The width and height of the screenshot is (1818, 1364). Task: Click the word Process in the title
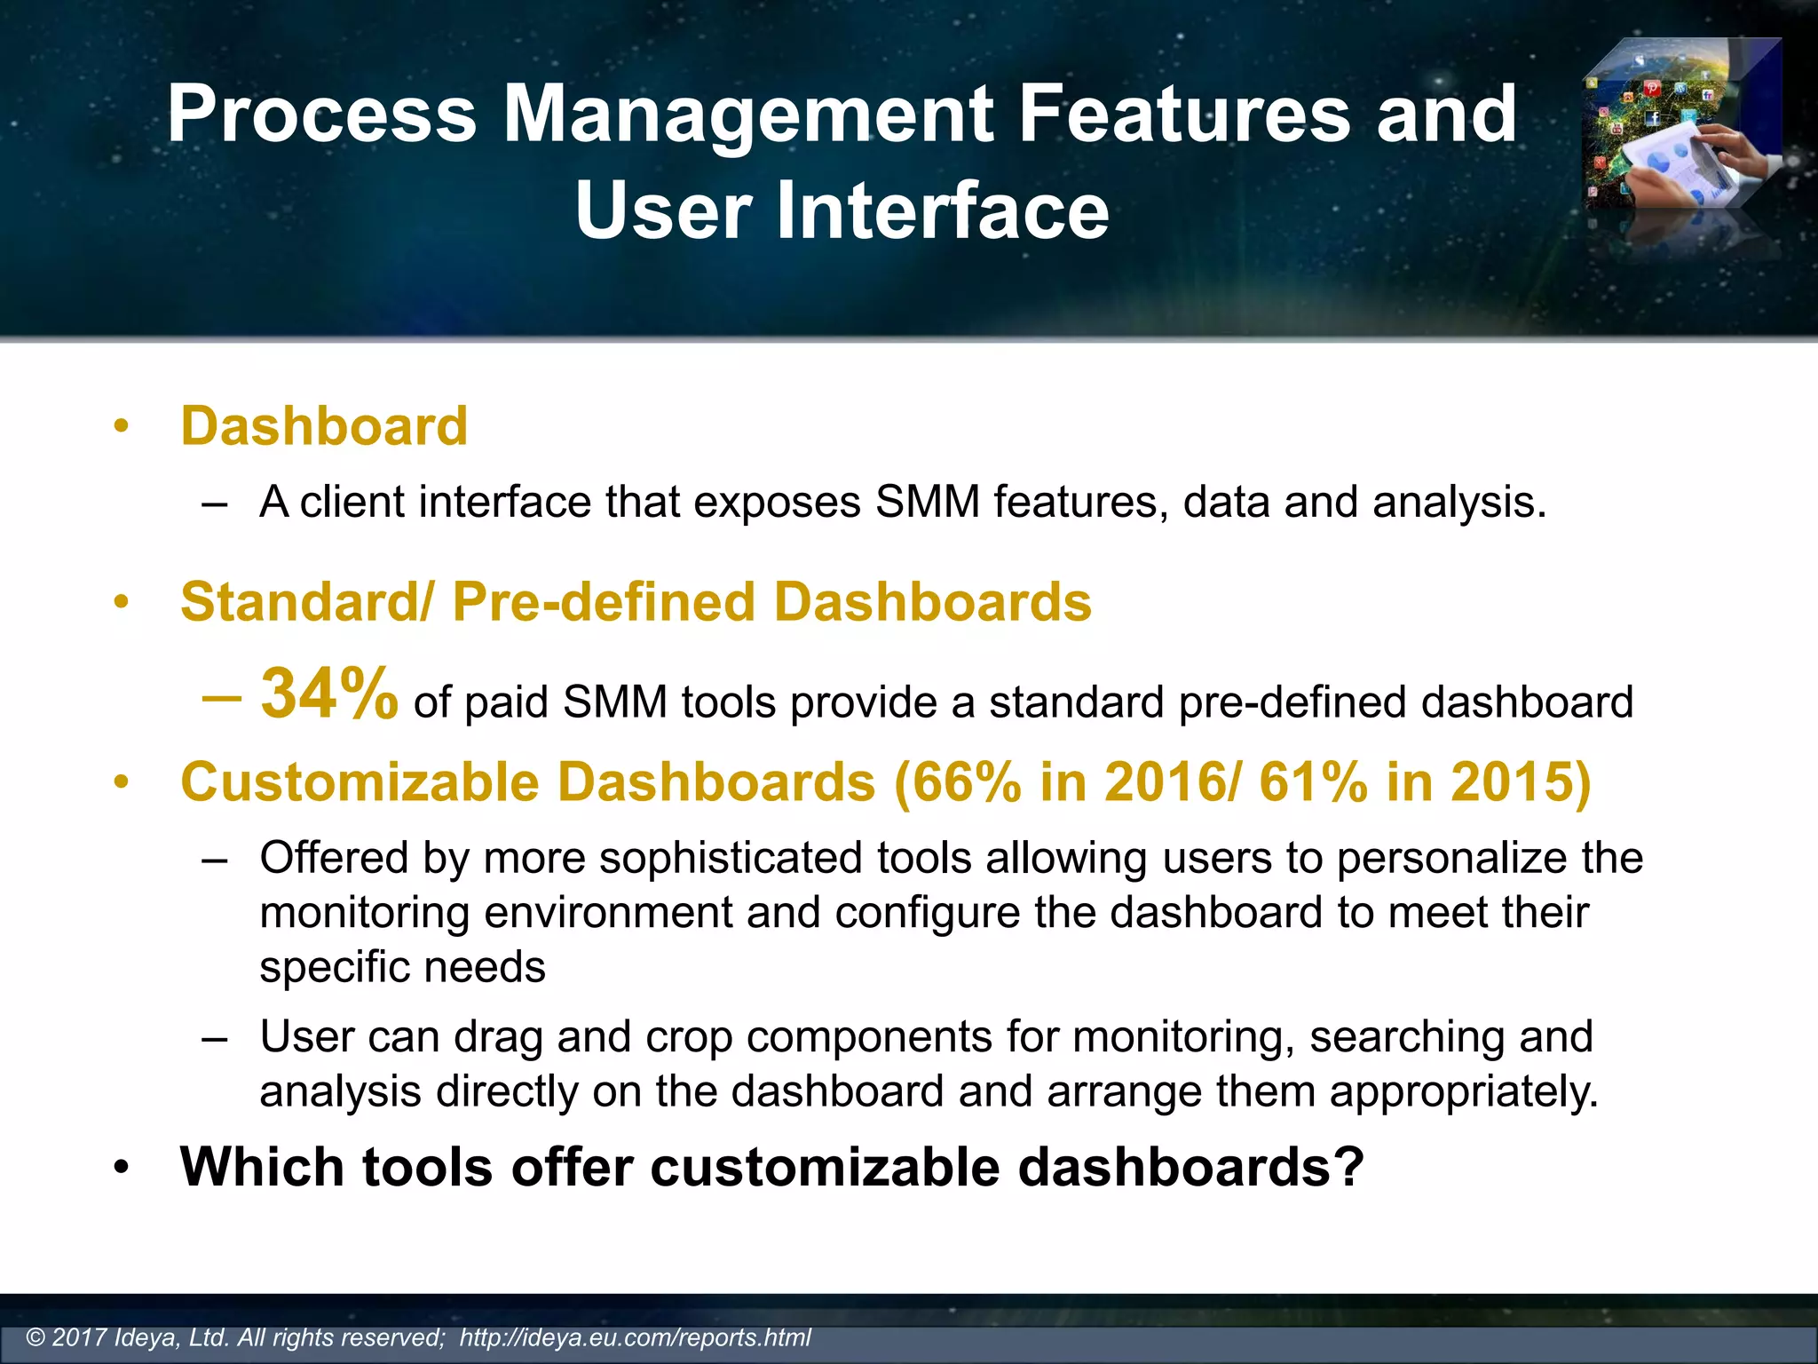tap(322, 114)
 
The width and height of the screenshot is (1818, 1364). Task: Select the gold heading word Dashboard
tap(324, 426)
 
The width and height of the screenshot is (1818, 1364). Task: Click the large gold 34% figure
tap(328, 694)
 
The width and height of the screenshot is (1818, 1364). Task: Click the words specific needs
tap(402, 967)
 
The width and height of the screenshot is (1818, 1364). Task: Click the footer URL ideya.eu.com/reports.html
tap(635, 1337)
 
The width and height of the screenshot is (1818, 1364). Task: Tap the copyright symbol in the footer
tap(36, 1338)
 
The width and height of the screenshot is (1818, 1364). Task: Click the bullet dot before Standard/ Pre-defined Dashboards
tap(122, 604)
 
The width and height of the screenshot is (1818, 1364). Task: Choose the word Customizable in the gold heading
tap(360, 782)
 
